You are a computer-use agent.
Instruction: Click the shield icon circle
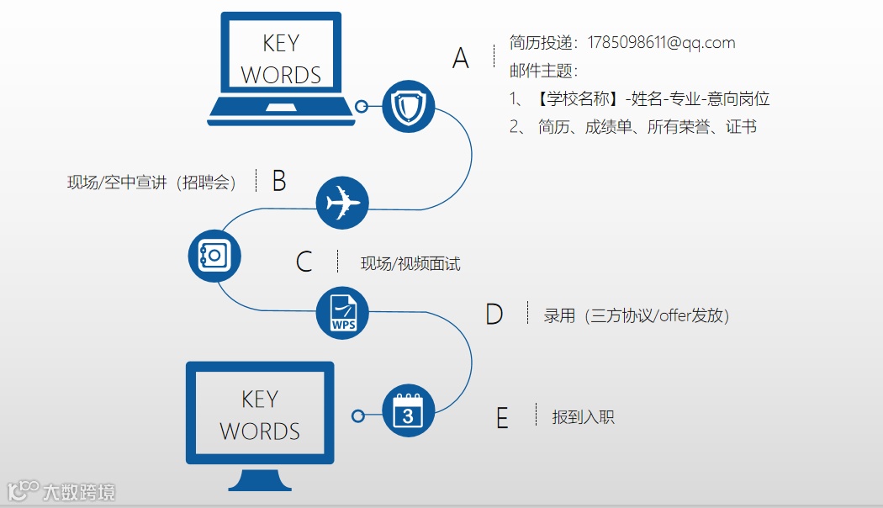[x=408, y=107]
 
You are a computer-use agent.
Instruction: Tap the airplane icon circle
[x=342, y=203]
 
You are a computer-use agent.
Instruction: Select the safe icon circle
[x=214, y=255]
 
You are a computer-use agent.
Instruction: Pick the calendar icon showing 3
[x=408, y=411]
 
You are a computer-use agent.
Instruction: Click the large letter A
[x=461, y=58]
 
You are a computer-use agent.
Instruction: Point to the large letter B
[x=279, y=181]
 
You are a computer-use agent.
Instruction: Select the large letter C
[x=304, y=262]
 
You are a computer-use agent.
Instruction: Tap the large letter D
[x=494, y=315]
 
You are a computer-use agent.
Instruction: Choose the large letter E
[x=502, y=418]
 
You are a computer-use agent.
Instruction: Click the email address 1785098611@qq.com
[x=661, y=42]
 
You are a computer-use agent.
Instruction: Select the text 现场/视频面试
[x=410, y=263]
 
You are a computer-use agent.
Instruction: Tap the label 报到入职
[x=583, y=416]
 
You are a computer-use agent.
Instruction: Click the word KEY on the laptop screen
[x=281, y=44]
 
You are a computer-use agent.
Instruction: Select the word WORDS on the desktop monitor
[x=260, y=431]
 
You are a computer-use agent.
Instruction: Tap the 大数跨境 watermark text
[x=79, y=492]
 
